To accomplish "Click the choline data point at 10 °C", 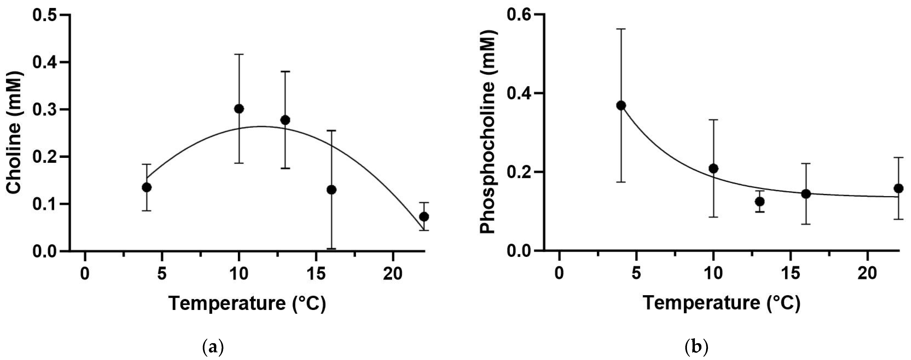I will [239, 109].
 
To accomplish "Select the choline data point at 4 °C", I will [147, 187].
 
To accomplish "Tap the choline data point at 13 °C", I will [285, 120].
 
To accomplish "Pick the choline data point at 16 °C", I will [331, 190].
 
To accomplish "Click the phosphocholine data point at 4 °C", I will [621, 105].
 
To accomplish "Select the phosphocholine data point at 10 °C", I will [713, 168].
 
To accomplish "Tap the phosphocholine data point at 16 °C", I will [806, 194].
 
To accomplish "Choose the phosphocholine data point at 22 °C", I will [898, 188].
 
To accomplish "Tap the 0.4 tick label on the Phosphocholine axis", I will [519, 94].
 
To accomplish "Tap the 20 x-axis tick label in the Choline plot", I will [392, 273].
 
